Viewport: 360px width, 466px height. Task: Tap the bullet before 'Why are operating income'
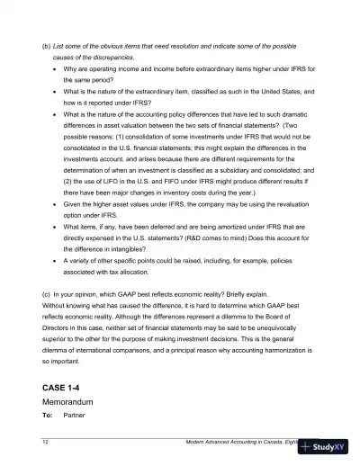pyautogui.click(x=56, y=67)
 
